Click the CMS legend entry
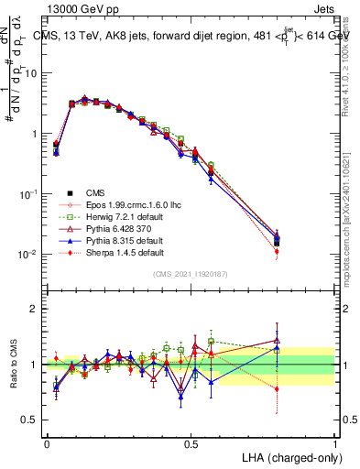(x=97, y=192)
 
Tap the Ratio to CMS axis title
(x=14, y=365)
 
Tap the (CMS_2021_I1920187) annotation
(x=191, y=274)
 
